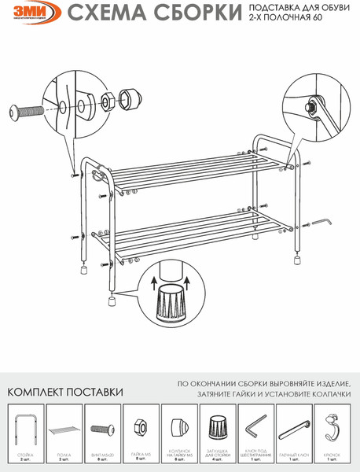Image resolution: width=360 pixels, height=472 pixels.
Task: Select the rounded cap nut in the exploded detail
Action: pyautogui.click(x=128, y=101)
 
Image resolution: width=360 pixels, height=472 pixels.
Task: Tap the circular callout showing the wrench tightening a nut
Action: pyautogui.click(x=314, y=104)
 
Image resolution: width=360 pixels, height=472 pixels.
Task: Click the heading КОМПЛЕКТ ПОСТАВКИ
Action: pyautogui.click(x=65, y=392)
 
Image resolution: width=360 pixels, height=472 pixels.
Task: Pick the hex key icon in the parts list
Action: pyautogui.click(x=254, y=432)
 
